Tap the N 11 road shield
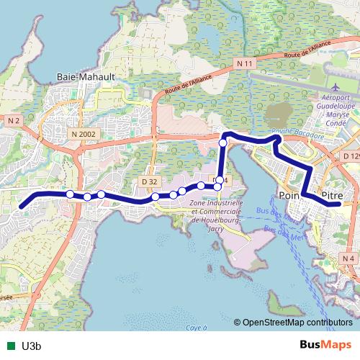[x=246, y=64]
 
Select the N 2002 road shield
[x=84, y=133]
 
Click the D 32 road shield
[x=150, y=181]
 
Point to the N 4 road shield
[x=349, y=258]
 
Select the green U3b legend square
[x=9, y=345]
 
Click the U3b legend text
[x=31, y=345]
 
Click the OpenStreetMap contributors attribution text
[x=297, y=323]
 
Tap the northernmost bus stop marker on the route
[x=223, y=143]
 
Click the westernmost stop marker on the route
[x=70, y=194]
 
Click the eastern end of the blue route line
[x=338, y=204]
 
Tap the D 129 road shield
[x=351, y=156]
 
